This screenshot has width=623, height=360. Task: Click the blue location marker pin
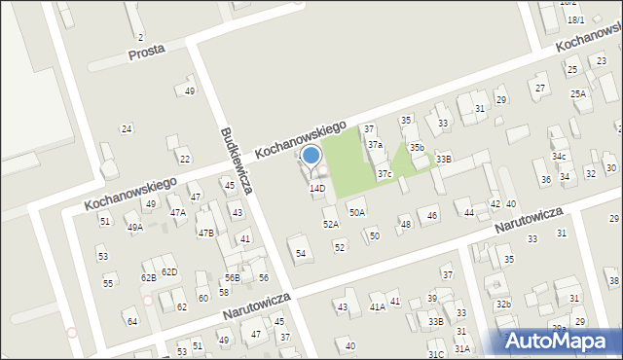(x=311, y=156)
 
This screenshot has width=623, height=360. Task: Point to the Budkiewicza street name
(x=237, y=160)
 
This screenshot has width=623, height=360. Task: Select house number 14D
(x=317, y=188)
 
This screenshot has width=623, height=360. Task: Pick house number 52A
(x=331, y=224)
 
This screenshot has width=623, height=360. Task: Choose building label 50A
(x=357, y=212)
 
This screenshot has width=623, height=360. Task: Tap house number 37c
(x=385, y=174)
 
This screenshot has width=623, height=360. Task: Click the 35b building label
(x=416, y=147)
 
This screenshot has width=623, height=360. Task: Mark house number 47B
(x=205, y=233)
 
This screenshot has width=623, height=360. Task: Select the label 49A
(x=134, y=227)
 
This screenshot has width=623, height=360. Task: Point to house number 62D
(x=169, y=271)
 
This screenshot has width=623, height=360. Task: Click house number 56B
(x=232, y=278)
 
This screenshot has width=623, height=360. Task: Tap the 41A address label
(x=377, y=306)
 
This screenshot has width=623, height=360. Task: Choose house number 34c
(x=559, y=156)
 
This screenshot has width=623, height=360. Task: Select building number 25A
(x=578, y=93)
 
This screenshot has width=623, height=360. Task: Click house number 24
(x=126, y=128)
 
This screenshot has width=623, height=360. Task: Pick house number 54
(x=302, y=253)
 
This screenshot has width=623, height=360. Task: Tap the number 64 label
(x=131, y=320)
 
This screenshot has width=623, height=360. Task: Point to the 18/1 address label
(x=576, y=19)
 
